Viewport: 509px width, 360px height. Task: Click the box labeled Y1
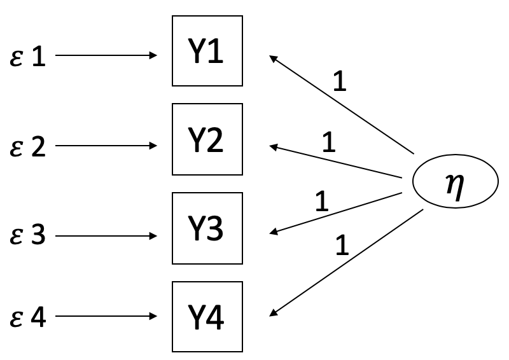click(x=207, y=51)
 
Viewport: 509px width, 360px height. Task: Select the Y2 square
click(x=207, y=139)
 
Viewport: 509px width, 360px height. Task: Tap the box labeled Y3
click(x=207, y=228)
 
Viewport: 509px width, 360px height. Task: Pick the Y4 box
click(x=207, y=317)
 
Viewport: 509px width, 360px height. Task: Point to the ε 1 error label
click(x=29, y=57)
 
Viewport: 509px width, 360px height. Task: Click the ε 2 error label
click(x=29, y=146)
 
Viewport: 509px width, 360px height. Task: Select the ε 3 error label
click(x=29, y=236)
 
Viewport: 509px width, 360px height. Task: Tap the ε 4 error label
click(x=29, y=317)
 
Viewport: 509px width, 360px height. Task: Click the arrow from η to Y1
click(x=342, y=104)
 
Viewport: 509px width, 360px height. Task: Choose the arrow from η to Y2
click(x=335, y=162)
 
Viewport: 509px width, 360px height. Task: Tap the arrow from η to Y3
click(x=335, y=213)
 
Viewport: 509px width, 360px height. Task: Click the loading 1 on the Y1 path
click(x=340, y=81)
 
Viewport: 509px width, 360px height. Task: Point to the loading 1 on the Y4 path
click(x=342, y=245)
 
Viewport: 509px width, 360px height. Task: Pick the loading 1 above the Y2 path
click(x=328, y=143)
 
